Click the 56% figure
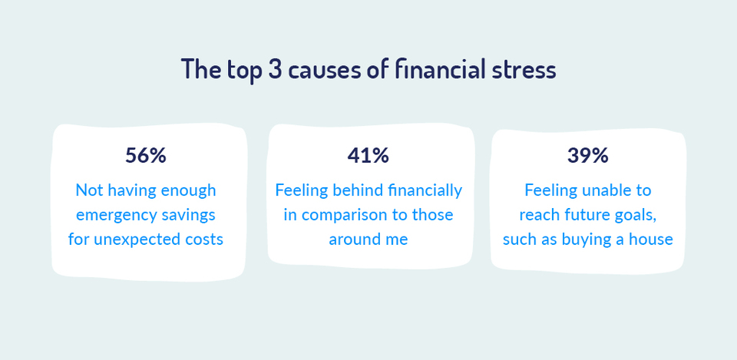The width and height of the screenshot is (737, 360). pyautogui.click(x=146, y=155)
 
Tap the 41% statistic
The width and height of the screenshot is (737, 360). pyautogui.click(x=368, y=155)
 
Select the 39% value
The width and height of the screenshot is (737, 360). pyautogui.click(x=588, y=155)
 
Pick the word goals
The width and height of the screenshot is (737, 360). pyautogui.click(x=636, y=214)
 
